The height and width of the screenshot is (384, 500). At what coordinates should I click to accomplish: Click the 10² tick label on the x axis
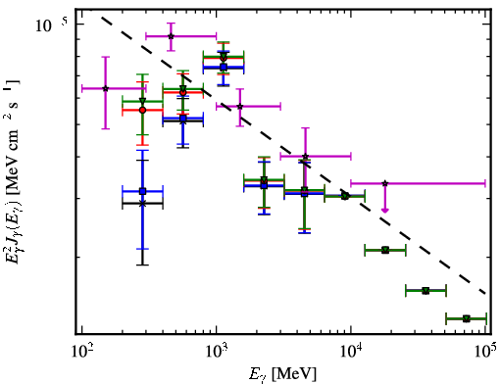tap(81, 352)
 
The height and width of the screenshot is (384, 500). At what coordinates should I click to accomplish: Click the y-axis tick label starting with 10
tap(51, 25)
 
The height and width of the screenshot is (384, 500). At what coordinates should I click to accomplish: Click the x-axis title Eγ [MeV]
tap(283, 374)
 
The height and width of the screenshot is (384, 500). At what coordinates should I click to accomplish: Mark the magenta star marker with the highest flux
tap(171, 36)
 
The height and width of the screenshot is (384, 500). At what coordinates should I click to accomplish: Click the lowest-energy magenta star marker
tap(106, 88)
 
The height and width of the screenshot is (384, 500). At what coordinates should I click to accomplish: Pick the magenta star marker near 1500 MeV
tap(240, 106)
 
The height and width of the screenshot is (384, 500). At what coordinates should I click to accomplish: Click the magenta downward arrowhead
tap(385, 210)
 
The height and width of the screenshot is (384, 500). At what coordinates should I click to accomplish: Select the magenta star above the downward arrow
tap(385, 183)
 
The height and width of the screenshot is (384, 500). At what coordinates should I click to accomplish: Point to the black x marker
tap(142, 203)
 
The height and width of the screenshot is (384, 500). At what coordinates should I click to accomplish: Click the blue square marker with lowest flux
tap(142, 191)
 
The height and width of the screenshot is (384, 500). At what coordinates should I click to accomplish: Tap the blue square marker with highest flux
tap(224, 68)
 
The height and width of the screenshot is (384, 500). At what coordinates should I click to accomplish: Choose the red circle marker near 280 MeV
tap(142, 110)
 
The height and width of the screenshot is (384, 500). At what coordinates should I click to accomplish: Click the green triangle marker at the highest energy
tap(467, 318)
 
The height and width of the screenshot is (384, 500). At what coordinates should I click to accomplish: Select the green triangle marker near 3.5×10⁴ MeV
tap(425, 290)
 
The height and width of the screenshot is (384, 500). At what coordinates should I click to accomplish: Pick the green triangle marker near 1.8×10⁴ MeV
tap(385, 250)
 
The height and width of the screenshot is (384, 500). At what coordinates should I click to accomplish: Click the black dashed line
tap(293, 155)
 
